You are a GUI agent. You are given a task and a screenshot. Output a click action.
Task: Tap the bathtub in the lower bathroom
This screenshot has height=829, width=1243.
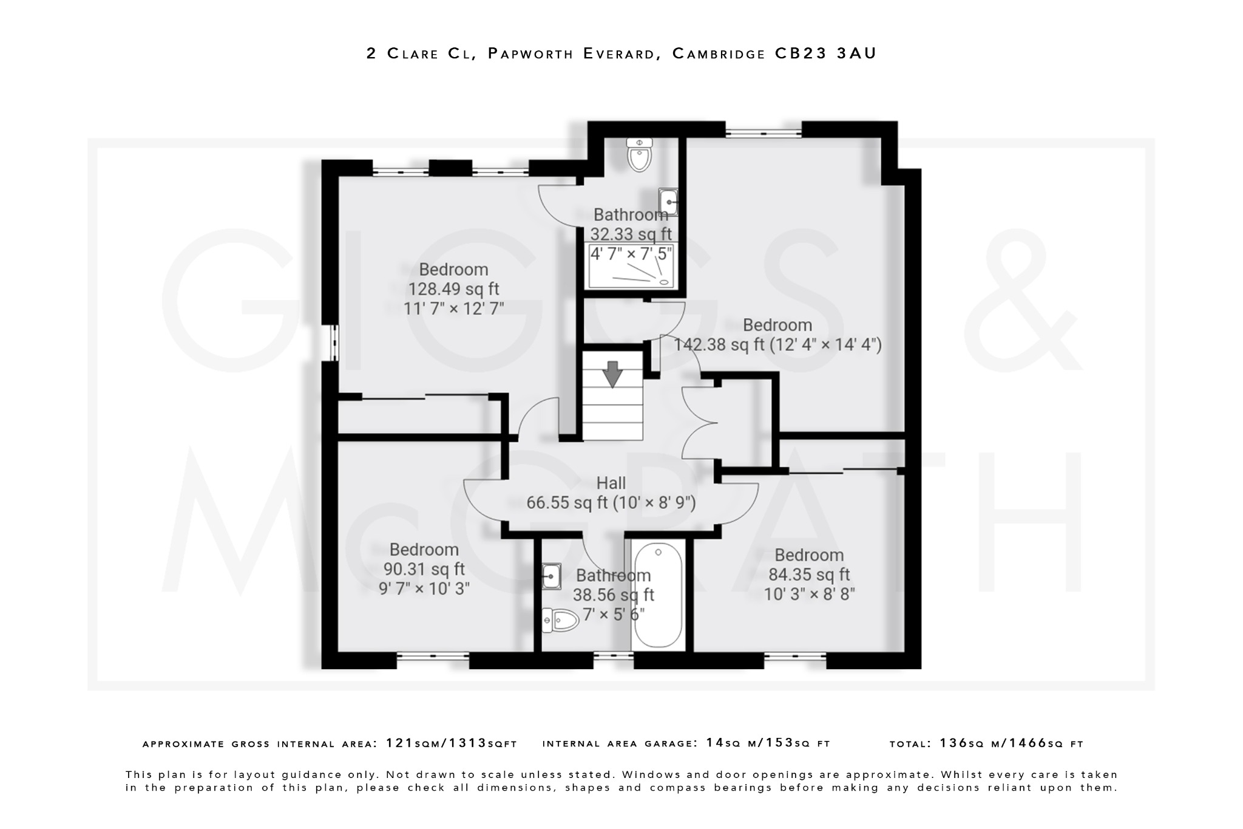(658, 595)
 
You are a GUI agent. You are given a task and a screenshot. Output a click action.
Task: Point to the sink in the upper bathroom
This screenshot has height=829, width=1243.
(668, 202)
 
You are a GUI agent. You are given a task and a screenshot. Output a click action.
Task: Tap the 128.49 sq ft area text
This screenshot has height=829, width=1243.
(453, 289)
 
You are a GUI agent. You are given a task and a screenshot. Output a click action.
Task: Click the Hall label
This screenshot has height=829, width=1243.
(611, 483)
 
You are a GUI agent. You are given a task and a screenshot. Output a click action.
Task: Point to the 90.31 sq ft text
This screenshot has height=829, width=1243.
(424, 569)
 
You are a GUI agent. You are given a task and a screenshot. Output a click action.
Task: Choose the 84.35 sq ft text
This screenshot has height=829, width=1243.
(808, 575)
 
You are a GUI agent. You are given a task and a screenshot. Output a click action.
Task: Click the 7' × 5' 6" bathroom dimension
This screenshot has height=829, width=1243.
(613, 615)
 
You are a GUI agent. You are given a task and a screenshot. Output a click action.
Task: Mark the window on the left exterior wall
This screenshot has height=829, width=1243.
(333, 343)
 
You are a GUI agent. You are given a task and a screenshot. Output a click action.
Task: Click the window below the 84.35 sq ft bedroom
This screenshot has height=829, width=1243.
(794, 655)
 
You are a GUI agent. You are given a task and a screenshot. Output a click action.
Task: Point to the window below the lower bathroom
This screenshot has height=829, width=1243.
(613, 655)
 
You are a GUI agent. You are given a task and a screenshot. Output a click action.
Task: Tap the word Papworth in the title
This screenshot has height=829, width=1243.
(530, 53)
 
